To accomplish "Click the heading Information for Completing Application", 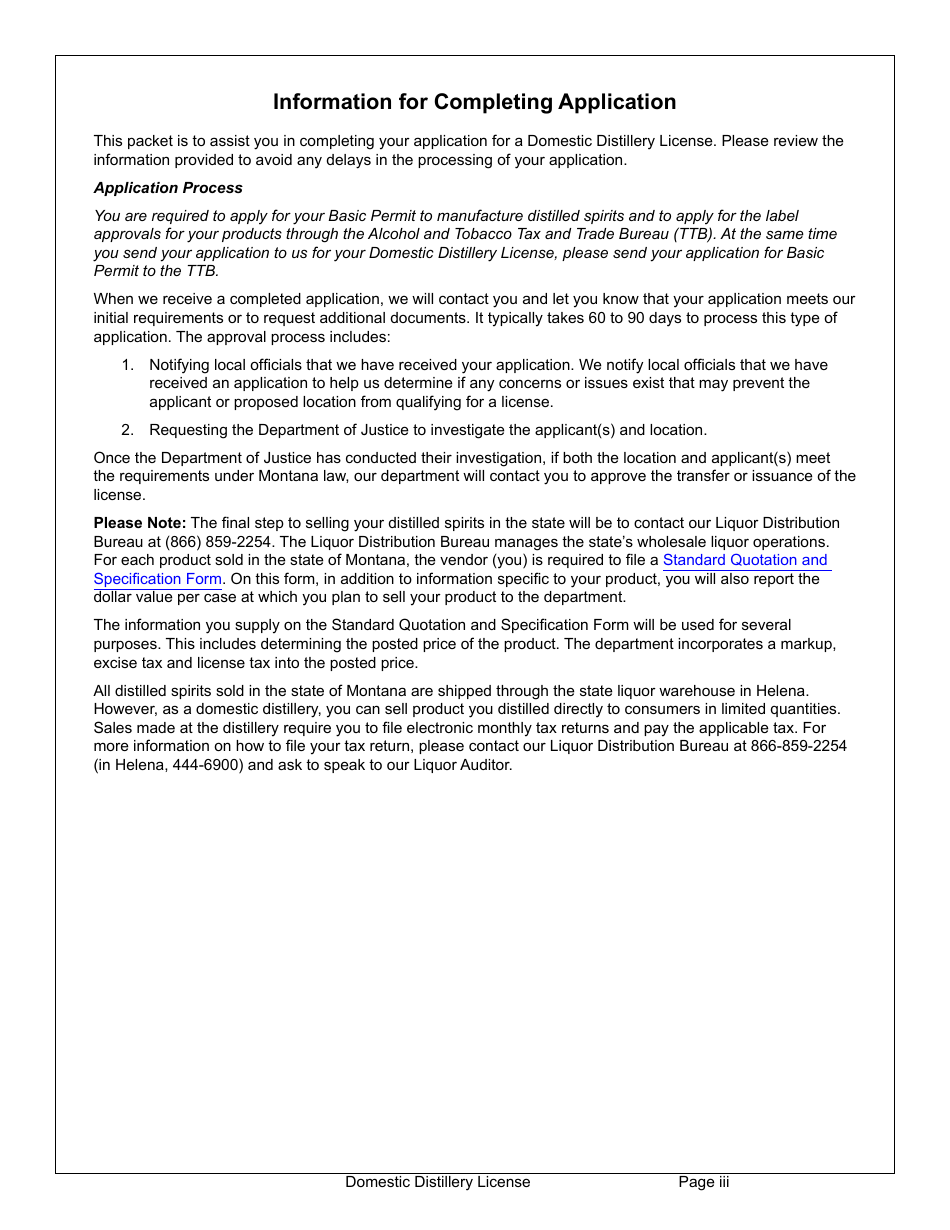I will tap(474, 102).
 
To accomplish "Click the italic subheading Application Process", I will tap(168, 188).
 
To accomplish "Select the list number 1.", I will tap(127, 365).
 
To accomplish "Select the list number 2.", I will tap(127, 430).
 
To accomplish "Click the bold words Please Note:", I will tap(140, 523).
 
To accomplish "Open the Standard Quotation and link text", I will tap(745, 560).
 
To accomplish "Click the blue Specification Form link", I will tap(158, 579).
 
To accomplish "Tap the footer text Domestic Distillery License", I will tap(438, 1182).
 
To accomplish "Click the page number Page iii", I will tap(704, 1182).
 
